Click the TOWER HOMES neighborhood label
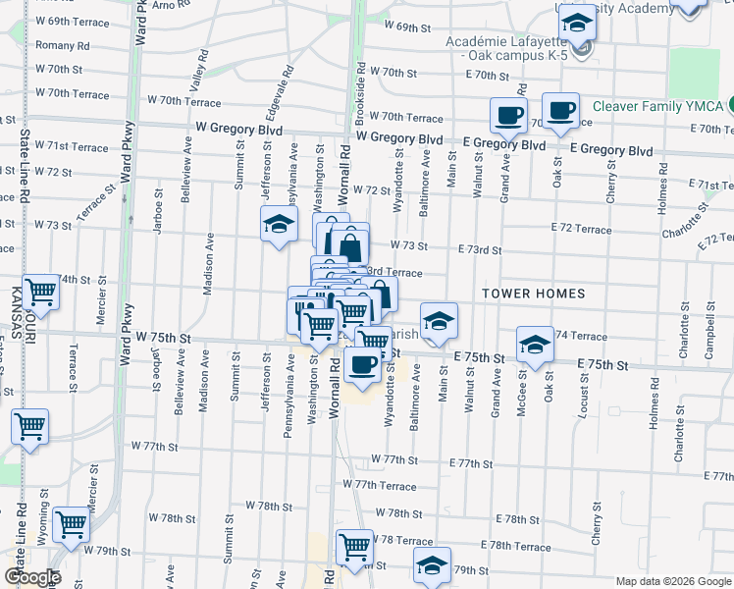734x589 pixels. click(x=534, y=294)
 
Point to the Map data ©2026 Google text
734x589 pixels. click(x=673, y=581)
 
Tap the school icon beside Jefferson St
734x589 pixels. click(x=279, y=225)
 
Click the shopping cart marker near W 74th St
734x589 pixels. click(x=41, y=291)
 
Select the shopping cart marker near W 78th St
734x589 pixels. click(x=71, y=525)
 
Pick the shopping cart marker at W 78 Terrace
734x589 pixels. click(x=354, y=546)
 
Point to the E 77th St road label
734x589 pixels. click(x=470, y=462)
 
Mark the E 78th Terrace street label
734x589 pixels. click(x=517, y=547)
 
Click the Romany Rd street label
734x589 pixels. click(x=62, y=45)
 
